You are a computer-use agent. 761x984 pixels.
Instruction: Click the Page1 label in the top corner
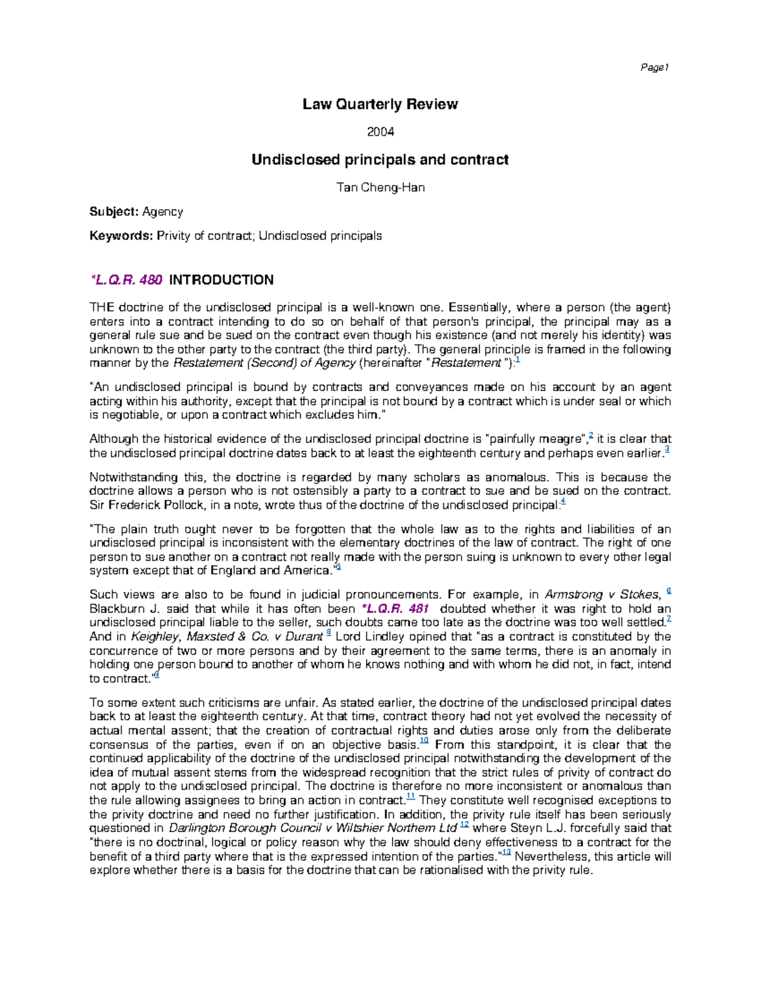pyautogui.click(x=655, y=68)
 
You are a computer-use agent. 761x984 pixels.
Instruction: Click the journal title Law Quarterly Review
pyautogui.click(x=380, y=105)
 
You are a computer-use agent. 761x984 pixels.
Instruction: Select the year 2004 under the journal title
pyautogui.click(x=380, y=132)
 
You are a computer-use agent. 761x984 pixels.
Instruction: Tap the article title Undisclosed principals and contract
pyautogui.click(x=380, y=160)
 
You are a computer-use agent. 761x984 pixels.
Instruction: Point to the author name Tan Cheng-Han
pyautogui.click(x=380, y=188)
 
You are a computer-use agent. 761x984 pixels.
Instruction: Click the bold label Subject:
pyautogui.click(x=114, y=212)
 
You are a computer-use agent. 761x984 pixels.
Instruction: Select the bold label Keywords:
pyautogui.click(x=121, y=236)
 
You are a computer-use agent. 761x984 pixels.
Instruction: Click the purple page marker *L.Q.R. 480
pyautogui.click(x=126, y=280)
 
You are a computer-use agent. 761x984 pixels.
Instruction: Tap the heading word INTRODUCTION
pyautogui.click(x=221, y=280)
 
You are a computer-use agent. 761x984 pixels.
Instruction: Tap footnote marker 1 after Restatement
pyautogui.click(x=518, y=361)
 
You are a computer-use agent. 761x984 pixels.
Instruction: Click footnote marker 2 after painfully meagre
pyautogui.click(x=591, y=436)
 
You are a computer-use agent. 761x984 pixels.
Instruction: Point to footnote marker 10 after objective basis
pyautogui.click(x=424, y=741)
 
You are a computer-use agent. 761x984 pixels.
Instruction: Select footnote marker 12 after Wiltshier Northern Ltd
pyautogui.click(x=464, y=825)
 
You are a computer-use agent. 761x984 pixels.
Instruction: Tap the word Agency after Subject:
pyautogui.click(x=162, y=212)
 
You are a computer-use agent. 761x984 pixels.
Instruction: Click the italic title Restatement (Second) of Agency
pyautogui.click(x=264, y=363)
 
